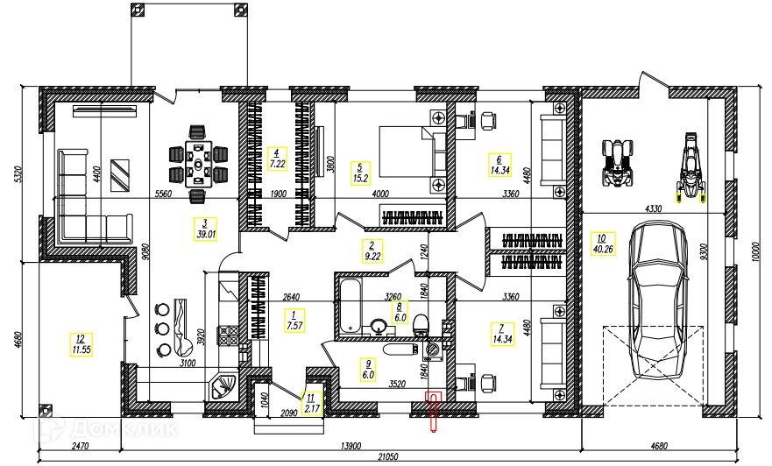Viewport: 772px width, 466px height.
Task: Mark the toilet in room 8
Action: [421, 325]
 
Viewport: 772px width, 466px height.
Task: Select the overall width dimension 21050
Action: [387, 456]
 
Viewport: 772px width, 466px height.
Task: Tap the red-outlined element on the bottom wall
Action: [433, 413]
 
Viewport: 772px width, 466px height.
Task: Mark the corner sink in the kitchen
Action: [224, 385]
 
